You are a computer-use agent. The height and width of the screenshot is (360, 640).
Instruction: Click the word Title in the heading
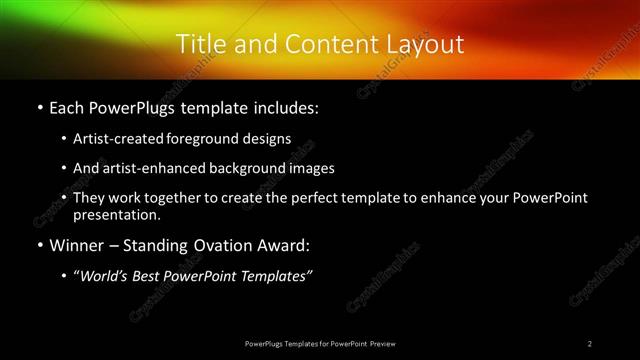(197, 44)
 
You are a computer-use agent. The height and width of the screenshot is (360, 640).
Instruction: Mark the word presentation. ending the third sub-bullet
(116, 214)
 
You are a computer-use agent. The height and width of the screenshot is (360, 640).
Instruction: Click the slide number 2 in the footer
(590, 343)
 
